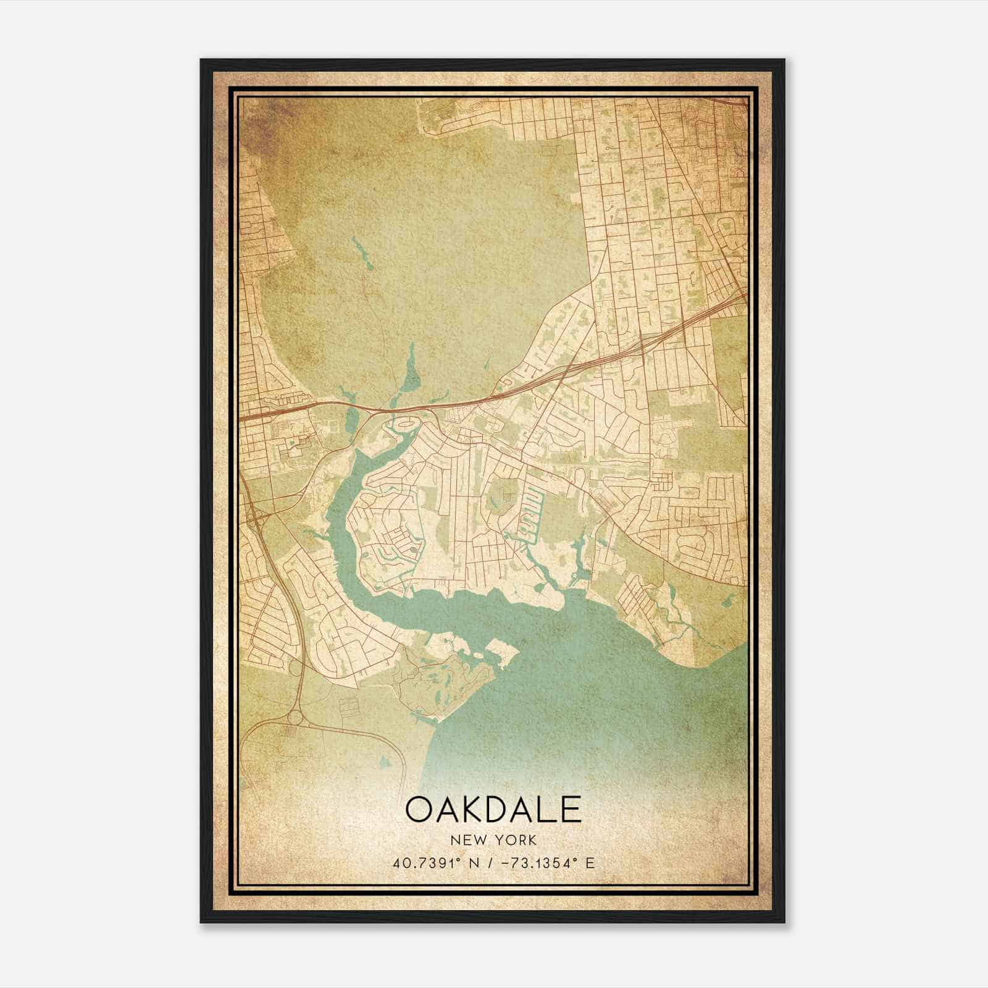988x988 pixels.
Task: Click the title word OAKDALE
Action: [493, 810]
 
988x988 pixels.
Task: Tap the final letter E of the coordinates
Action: [590, 863]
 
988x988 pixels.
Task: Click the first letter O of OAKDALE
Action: [419, 810]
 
